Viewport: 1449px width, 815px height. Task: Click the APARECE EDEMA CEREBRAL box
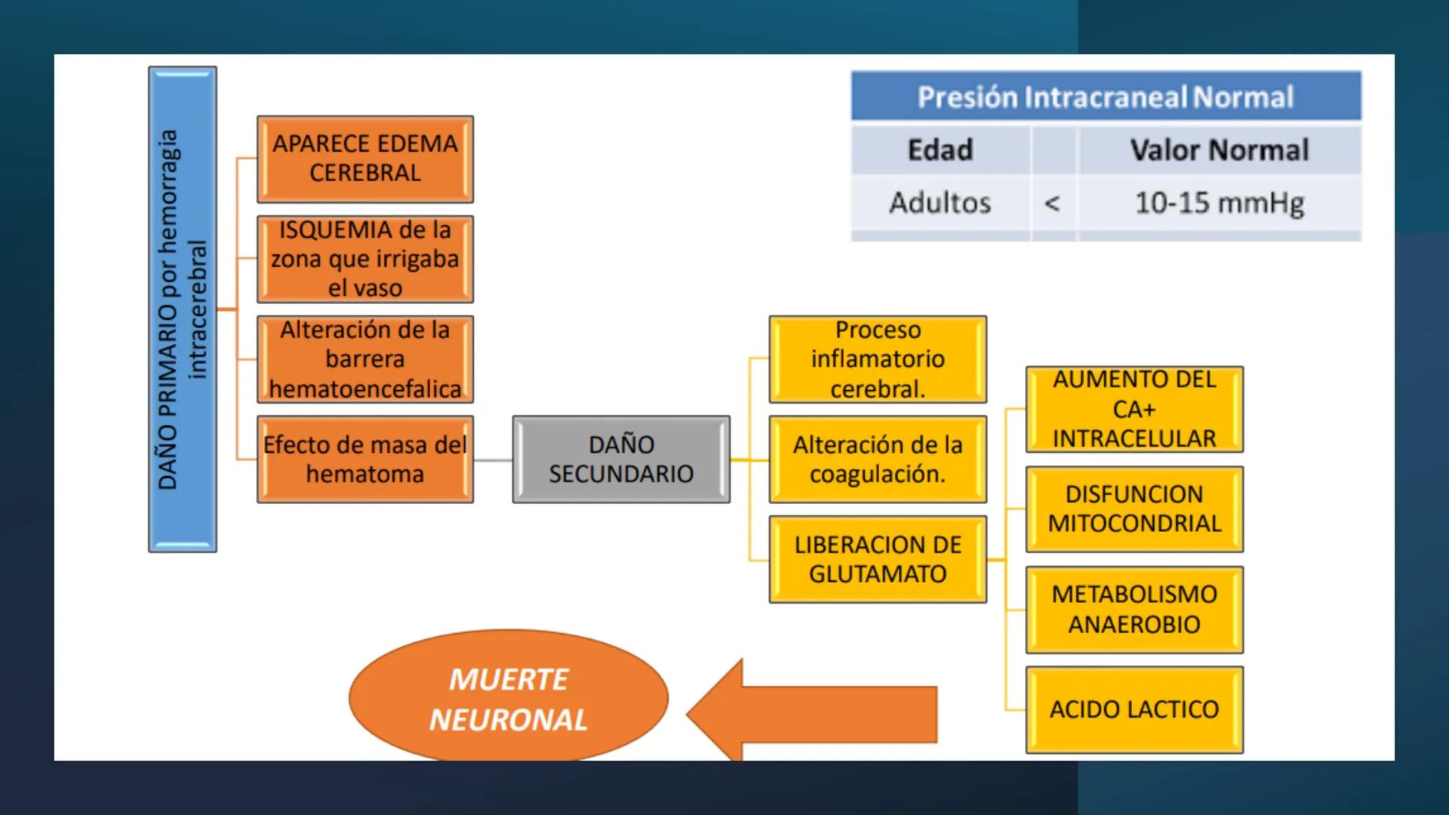pos(365,158)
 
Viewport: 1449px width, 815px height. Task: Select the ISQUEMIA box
pos(365,259)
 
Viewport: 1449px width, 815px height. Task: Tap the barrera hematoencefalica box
pos(365,359)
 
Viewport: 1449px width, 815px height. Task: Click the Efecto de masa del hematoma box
pos(365,459)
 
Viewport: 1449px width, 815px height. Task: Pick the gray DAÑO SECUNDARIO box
pos(621,459)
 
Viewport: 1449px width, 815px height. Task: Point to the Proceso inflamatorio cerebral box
pos(878,359)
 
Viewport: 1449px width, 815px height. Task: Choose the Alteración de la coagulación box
pos(878,459)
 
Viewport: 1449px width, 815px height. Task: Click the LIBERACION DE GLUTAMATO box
pos(878,559)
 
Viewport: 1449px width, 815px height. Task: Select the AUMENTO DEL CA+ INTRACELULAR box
pos(1134,409)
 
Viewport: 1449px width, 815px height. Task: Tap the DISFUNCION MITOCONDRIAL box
pos(1134,509)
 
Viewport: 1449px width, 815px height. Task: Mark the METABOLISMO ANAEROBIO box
pos(1134,609)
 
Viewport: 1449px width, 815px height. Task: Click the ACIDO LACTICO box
pos(1134,709)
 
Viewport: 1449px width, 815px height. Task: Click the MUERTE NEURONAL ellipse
pos(509,698)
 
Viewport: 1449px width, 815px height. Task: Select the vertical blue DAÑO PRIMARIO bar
pos(183,309)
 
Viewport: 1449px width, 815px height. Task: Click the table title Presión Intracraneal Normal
pos(1106,97)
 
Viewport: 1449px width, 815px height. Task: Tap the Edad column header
pos(940,149)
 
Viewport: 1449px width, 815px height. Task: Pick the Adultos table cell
pos(940,202)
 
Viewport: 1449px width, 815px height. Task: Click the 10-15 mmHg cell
pos(1220,202)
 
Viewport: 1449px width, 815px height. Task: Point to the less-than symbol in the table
pos(1053,203)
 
